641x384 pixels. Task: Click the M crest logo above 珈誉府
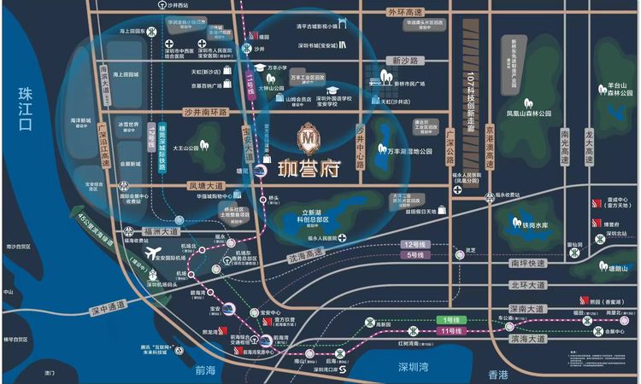pyautogui.click(x=307, y=136)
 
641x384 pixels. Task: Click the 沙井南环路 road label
pyautogui.click(x=206, y=112)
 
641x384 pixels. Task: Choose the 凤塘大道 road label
pyautogui.click(x=205, y=184)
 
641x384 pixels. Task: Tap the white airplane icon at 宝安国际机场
pyautogui.click(x=154, y=253)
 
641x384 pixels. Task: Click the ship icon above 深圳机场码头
pyautogui.click(x=154, y=276)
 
